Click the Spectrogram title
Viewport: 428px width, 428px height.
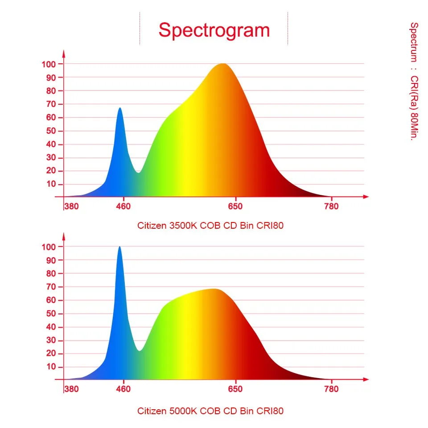[214, 30]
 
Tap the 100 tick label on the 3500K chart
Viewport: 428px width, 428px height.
[49, 64]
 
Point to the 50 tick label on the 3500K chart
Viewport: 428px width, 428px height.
[51, 131]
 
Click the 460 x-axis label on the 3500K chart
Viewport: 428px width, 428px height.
[123, 206]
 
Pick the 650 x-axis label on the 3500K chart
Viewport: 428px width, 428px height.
[235, 206]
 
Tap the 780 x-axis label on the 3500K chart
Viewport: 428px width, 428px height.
[331, 206]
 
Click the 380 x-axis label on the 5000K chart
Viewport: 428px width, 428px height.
[71, 389]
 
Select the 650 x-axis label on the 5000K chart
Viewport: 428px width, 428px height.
[235, 389]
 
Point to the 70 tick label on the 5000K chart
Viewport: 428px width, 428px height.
[51, 287]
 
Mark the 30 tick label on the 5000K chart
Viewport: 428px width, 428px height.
[51, 340]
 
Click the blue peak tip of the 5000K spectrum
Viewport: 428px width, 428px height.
[119, 247]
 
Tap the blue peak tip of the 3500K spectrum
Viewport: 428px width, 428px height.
[119, 108]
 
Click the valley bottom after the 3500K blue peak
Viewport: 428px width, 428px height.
[139, 172]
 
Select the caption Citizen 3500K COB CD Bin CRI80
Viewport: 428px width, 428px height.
[210, 226]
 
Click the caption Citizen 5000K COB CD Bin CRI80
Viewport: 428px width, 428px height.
[210, 411]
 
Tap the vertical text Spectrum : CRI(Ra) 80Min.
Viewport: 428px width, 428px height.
[414, 81]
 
